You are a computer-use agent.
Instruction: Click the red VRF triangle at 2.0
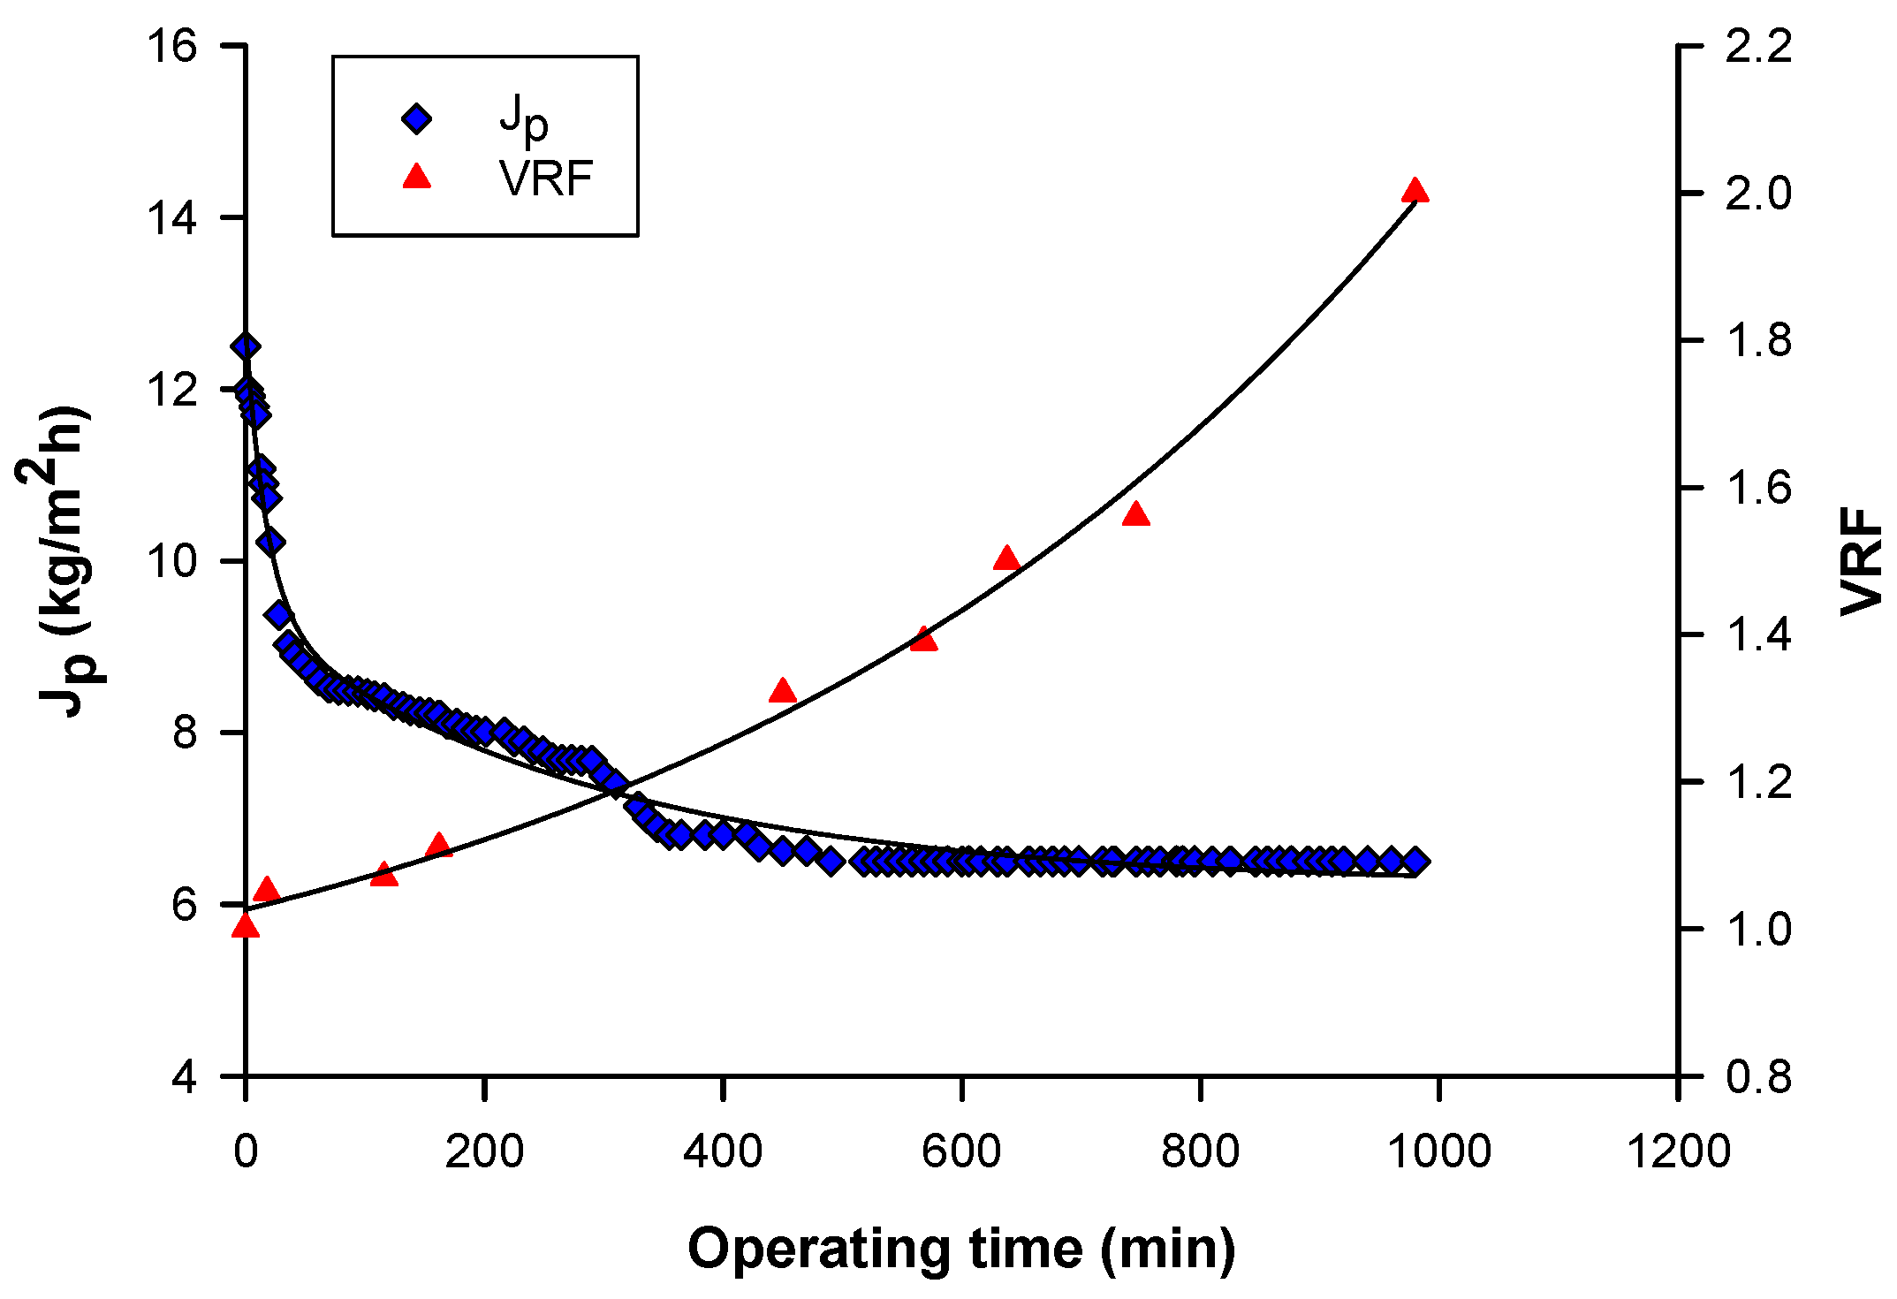(1415, 192)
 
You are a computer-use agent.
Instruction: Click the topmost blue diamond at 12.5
(246, 346)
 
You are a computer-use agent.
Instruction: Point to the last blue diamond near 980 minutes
(1415, 861)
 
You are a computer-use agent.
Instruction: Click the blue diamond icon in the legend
(416, 118)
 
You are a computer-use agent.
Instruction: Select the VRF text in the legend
(545, 179)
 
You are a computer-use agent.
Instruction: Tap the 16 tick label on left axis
(171, 46)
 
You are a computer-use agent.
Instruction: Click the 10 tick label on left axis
(171, 561)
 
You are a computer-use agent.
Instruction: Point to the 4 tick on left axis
(185, 1077)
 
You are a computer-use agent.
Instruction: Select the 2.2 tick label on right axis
(1758, 46)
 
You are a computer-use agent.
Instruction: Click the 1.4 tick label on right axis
(1758, 634)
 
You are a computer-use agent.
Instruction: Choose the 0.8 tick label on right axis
(1758, 1077)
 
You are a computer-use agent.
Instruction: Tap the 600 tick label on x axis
(961, 1152)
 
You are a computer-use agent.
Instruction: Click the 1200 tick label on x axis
(1677, 1152)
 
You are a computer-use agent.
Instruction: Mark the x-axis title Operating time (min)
(961, 1249)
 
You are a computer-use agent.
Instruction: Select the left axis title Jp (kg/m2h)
(62, 561)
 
